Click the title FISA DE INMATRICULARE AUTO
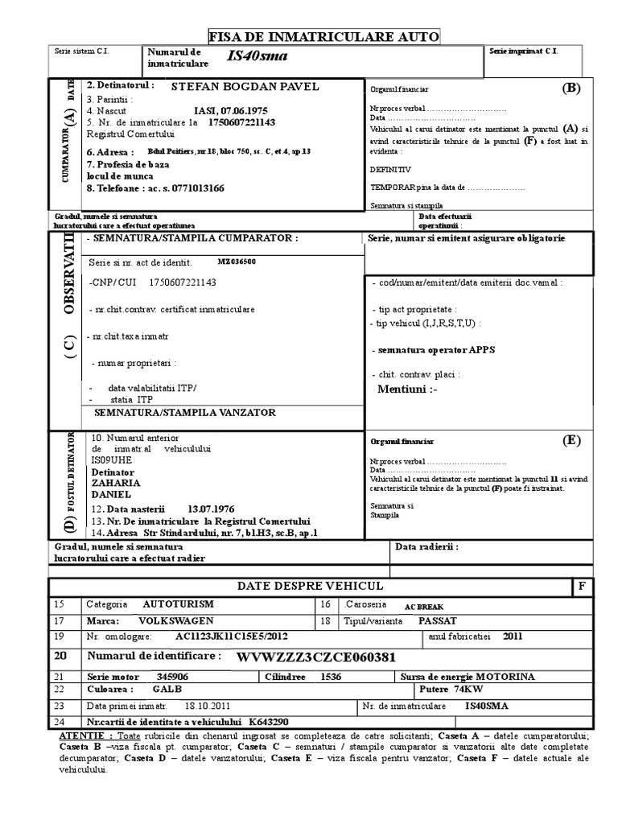pos(324,36)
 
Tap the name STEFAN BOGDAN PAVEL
pos(246,86)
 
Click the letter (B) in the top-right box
pos(571,89)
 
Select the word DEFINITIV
pos(390,170)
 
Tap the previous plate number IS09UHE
pos(111,459)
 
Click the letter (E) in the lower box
pos(571,440)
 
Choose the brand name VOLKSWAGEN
pos(176,621)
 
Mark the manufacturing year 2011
pos(513,636)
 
